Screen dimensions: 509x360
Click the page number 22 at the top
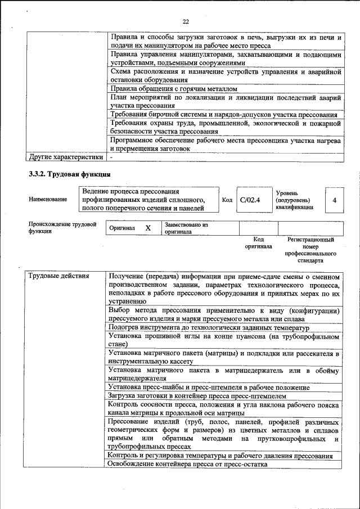(186, 21)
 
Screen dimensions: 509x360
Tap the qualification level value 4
(335, 200)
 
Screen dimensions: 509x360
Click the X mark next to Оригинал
(148, 228)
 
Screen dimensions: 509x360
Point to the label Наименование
(48, 200)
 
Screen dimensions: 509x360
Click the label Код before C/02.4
(227, 200)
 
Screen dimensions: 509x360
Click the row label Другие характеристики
(65, 157)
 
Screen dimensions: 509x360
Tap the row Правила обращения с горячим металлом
(174, 89)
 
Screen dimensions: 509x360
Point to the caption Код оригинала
(258, 243)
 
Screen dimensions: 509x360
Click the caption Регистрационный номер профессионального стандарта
(310, 250)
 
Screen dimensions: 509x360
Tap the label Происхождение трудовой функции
(62, 228)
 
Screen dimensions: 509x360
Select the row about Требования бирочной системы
(224, 114)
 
